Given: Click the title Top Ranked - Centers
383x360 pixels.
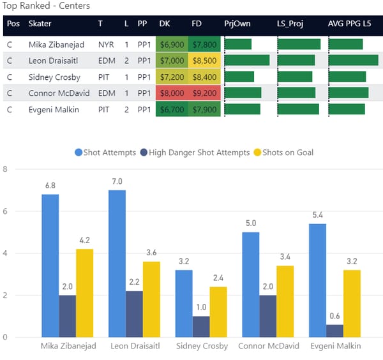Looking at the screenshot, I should [47, 6].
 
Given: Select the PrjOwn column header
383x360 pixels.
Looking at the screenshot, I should [237, 24].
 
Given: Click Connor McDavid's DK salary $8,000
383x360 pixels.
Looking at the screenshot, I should [172, 93].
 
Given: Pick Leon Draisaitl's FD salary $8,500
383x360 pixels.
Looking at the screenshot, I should [204, 61].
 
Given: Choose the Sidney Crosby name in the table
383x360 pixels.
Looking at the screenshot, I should [54, 77].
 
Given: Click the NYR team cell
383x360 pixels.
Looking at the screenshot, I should [106, 45].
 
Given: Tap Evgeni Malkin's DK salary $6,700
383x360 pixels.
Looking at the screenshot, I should [172, 109].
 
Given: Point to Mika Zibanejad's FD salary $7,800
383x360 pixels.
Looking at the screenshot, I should [204, 45].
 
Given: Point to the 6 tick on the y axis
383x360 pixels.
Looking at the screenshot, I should [5, 211].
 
